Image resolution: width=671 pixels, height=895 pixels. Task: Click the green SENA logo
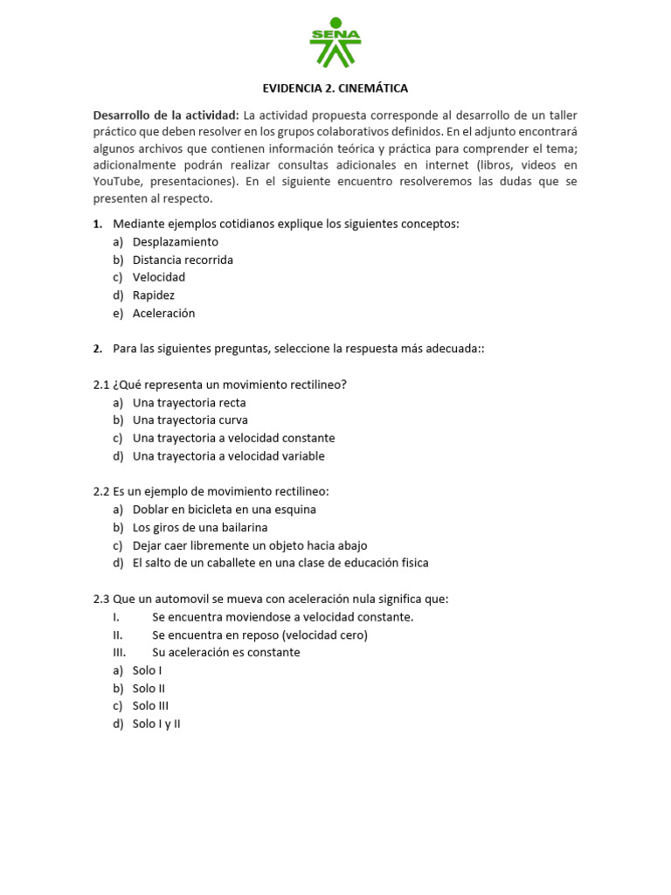tap(335, 42)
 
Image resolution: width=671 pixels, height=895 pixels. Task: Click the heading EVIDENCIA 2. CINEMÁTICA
tap(335, 88)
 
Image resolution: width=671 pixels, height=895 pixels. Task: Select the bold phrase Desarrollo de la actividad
tap(166, 115)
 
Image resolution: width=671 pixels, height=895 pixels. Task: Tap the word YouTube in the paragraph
tap(118, 182)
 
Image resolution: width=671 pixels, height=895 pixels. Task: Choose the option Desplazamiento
tap(175, 242)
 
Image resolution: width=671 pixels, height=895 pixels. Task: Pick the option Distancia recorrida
tap(183, 260)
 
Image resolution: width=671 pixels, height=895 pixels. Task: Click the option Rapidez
tap(154, 295)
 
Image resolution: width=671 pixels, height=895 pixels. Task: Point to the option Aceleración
tap(163, 313)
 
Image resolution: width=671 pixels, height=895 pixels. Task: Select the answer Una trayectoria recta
tap(189, 403)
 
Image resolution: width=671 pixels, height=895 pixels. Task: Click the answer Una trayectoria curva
tap(190, 420)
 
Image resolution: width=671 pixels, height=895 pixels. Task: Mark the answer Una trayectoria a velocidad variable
tap(228, 456)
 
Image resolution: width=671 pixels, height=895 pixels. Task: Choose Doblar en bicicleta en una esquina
tap(224, 510)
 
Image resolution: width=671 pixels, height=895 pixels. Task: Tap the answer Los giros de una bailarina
tap(200, 528)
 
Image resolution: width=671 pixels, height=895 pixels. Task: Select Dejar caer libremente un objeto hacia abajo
tap(250, 545)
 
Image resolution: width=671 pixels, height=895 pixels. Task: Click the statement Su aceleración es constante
tap(225, 653)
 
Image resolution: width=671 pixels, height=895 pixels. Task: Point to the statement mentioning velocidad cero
tap(259, 635)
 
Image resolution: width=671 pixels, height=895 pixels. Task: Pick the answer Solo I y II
tap(156, 724)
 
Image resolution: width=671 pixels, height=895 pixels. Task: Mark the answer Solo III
tap(150, 706)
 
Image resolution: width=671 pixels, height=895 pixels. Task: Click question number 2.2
tap(101, 492)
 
